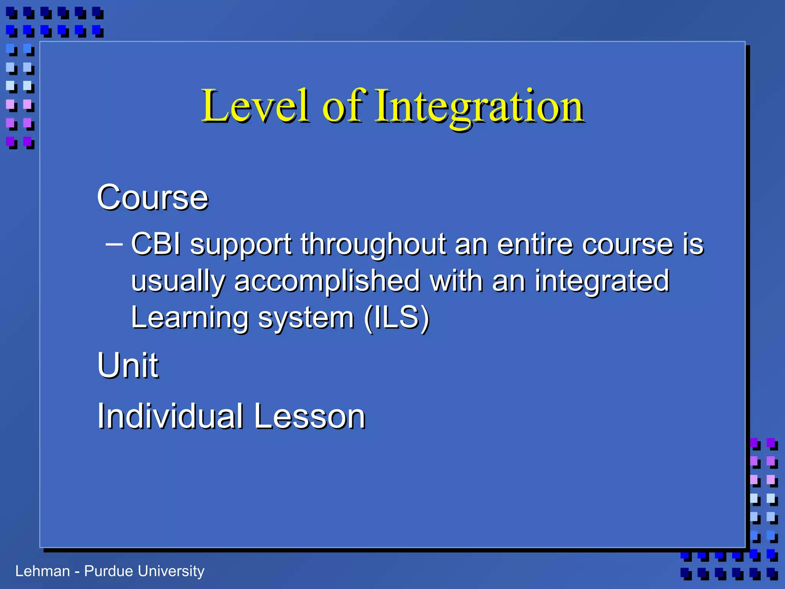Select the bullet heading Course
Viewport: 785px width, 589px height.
point(153,198)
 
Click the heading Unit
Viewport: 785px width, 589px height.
point(128,365)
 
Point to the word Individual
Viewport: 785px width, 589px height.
point(170,416)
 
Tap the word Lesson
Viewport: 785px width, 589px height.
point(310,416)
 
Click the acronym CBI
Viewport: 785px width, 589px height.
point(156,244)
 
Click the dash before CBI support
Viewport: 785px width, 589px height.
point(114,243)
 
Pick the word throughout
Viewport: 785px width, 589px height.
point(373,244)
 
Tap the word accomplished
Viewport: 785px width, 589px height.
point(327,281)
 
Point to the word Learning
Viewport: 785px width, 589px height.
point(190,318)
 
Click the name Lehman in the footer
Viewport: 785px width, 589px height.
point(43,571)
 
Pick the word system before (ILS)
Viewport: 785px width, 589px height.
point(306,318)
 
